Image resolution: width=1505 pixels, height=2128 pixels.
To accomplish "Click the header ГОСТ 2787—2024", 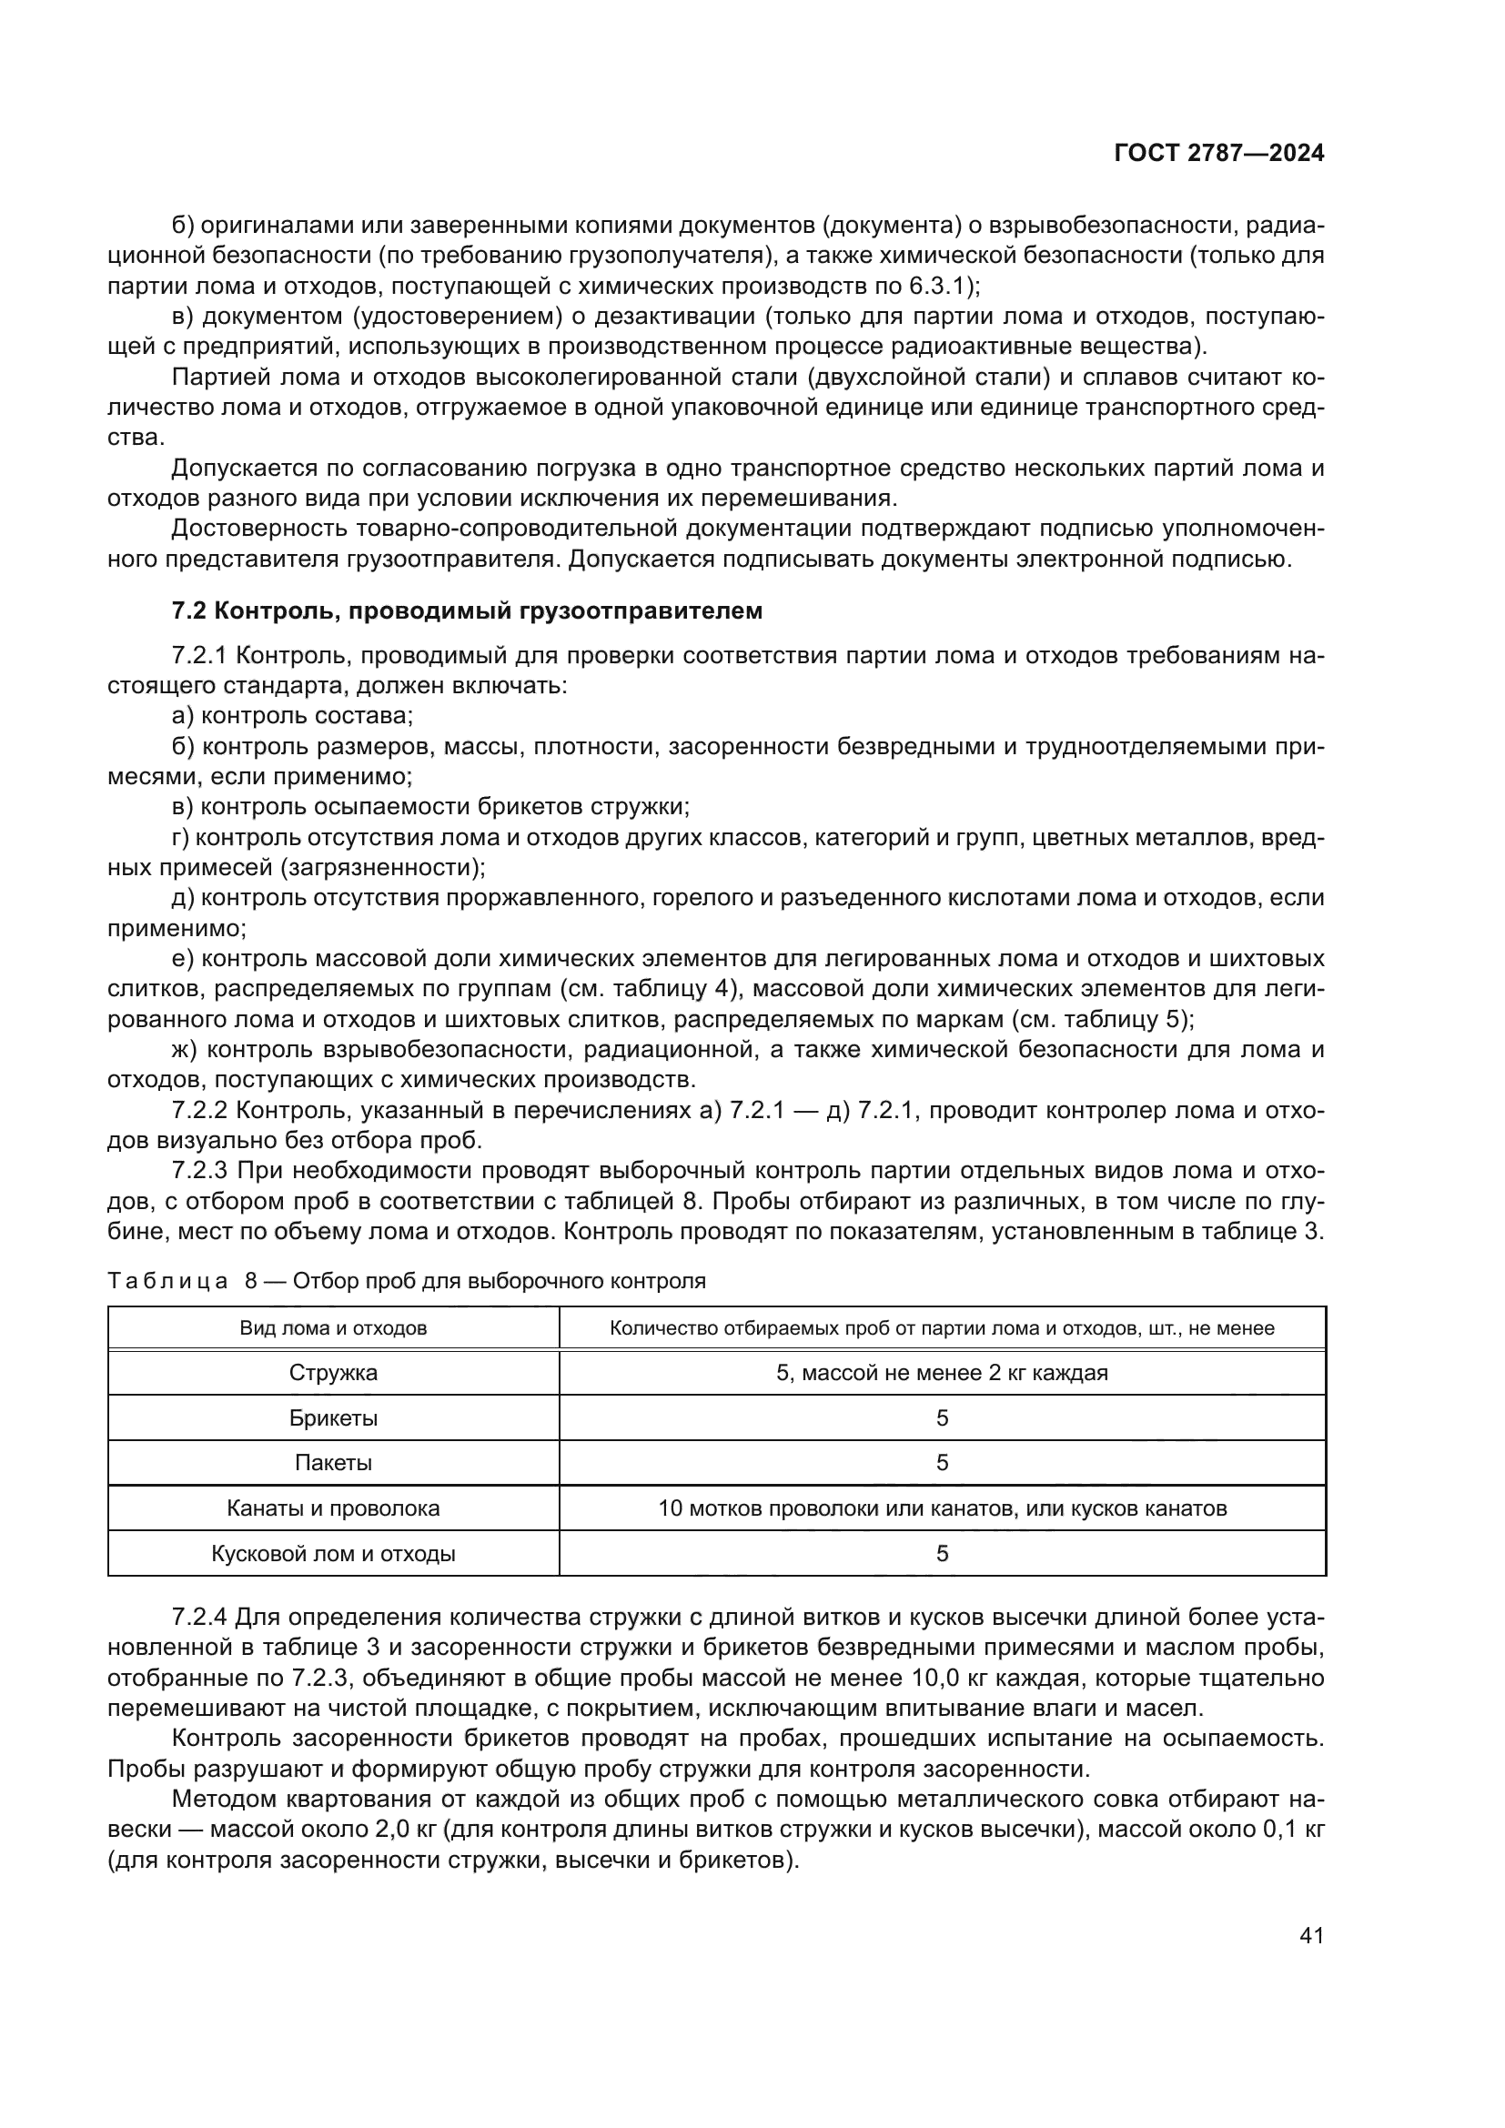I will (x=1218, y=154).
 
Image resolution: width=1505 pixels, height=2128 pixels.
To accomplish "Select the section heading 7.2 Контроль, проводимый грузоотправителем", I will (x=467, y=610).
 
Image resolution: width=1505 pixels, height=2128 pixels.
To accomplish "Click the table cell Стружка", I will (x=333, y=1373).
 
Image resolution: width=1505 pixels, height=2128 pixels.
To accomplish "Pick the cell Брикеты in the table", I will (x=333, y=1418).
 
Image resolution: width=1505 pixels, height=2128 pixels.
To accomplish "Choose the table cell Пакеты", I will (x=333, y=1463).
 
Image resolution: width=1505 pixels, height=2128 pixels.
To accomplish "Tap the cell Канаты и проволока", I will (x=333, y=1508).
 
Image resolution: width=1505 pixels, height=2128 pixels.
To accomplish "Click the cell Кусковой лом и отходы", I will (x=333, y=1553).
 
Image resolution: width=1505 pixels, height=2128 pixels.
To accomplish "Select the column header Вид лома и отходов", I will (x=333, y=1328).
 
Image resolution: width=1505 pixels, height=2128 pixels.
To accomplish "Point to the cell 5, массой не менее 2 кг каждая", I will (x=942, y=1373).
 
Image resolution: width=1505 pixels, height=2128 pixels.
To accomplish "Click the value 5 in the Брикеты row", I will (x=942, y=1418).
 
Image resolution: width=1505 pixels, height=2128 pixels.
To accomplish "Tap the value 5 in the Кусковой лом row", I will (x=942, y=1553).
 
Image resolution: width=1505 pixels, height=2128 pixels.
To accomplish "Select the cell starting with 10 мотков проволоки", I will (x=942, y=1508).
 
